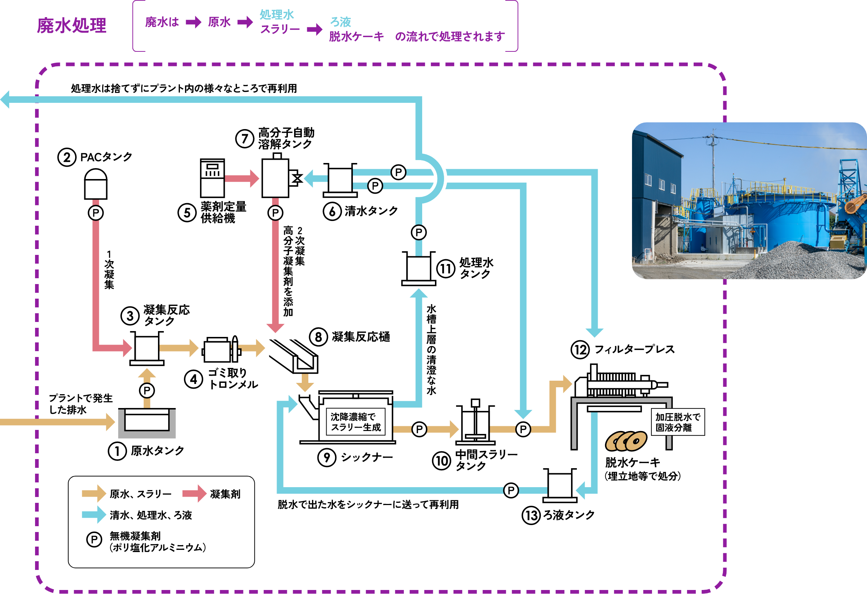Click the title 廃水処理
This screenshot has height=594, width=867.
[72, 26]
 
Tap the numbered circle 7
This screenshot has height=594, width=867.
[245, 139]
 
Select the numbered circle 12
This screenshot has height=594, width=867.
[580, 350]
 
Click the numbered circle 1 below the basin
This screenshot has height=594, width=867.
[117, 451]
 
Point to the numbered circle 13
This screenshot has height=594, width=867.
[531, 516]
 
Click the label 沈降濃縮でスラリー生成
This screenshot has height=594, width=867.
[355, 422]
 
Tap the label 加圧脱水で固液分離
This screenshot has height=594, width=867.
[678, 422]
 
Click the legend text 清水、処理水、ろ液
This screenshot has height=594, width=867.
[151, 515]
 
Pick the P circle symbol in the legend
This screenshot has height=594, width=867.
[94, 540]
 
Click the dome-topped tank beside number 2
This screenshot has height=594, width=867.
[96, 184]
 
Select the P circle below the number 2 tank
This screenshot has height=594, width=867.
[96, 213]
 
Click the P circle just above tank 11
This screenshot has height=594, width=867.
[419, 233]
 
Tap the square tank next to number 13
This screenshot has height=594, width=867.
[560, 486]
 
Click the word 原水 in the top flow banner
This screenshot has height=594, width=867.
[219, 22]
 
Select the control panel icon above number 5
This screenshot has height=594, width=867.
[212, 178]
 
